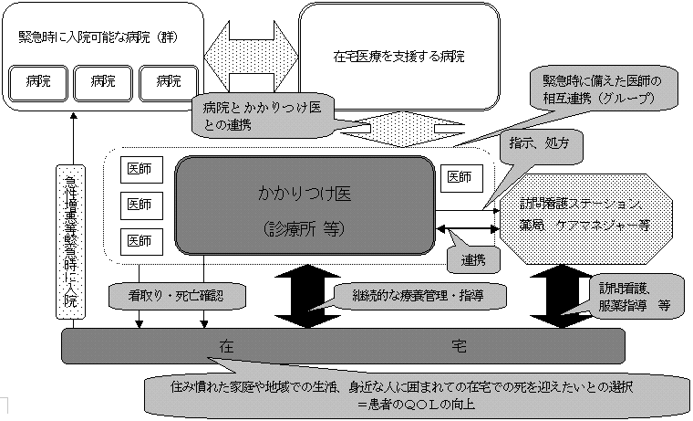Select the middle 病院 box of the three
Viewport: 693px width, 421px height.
click(x=103, y=82)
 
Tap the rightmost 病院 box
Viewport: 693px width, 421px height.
click(x=168, y=82)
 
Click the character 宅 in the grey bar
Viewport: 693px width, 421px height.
click(x=460, y=346)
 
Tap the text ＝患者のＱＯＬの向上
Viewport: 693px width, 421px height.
click(x=417, y=403)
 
